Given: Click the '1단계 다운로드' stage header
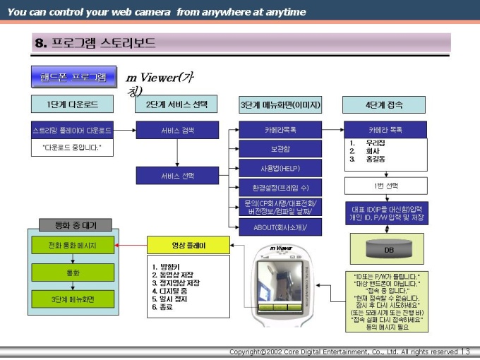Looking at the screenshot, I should coord(73,104).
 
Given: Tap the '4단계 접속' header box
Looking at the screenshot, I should coord(385,104).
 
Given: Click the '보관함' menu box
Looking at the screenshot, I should coord(280,149).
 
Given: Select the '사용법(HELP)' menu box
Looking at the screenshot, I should coord(280,168).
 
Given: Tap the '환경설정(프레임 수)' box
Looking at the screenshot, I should coord(280,188).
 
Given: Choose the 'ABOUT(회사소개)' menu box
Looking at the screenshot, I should coord(280,227).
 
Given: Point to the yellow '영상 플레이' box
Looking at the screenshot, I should coord(188,245).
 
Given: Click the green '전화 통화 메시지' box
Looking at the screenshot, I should coord(72,246).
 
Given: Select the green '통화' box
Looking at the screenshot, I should coord(72,272).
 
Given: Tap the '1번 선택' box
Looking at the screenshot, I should coord(385,186).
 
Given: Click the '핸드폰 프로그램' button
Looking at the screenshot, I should coord(73,76).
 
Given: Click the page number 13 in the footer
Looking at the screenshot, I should coord(465,352).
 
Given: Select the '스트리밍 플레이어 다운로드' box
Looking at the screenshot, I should coord(72,131).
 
